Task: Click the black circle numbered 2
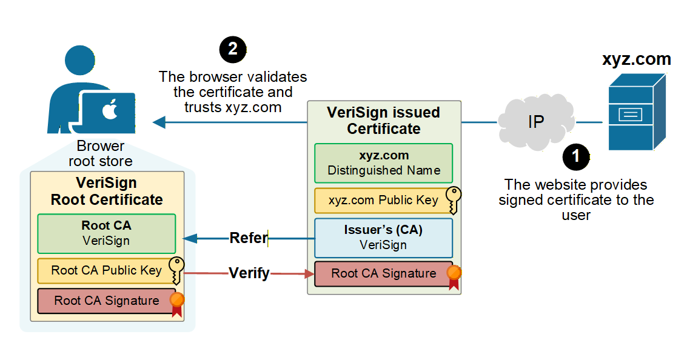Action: point(233,50)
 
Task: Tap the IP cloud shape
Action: point(536,122)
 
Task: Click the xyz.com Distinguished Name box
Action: point(383,163)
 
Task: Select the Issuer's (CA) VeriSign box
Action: point(383,238)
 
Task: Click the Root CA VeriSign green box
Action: point(106,233)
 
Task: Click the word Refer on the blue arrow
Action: point(249,238)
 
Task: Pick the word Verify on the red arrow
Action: point(249,273)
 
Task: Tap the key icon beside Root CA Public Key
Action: point(176,270)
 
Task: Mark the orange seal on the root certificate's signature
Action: point(176,302)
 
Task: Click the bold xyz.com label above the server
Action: point(636,59)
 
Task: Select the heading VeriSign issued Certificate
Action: point(383,121)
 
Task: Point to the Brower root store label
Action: point(101,154)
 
